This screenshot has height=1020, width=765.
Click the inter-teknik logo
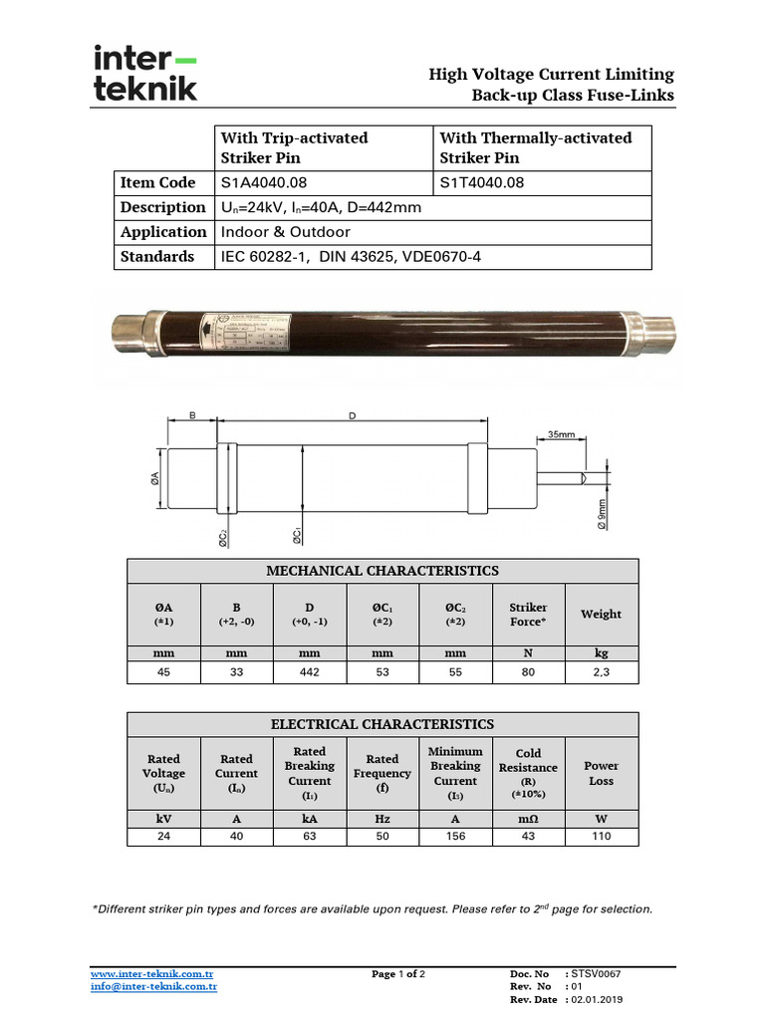click(145, 73)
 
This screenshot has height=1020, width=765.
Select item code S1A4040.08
click(264, 182)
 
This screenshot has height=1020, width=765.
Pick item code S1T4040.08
click(482, 182)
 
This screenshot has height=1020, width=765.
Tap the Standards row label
click(157, 256)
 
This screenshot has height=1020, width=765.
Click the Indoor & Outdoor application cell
click(285, 232)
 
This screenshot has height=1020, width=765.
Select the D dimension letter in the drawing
click(352, 416)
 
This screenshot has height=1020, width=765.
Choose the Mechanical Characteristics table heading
click(382, 571)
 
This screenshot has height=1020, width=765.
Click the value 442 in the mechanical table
click(310, 673)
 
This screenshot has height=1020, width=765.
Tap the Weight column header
click(601, 614)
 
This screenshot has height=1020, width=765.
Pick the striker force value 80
click(528, 673)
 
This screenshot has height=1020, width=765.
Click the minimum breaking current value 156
click(455, 836)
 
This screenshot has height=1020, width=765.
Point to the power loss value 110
click(601, 836)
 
